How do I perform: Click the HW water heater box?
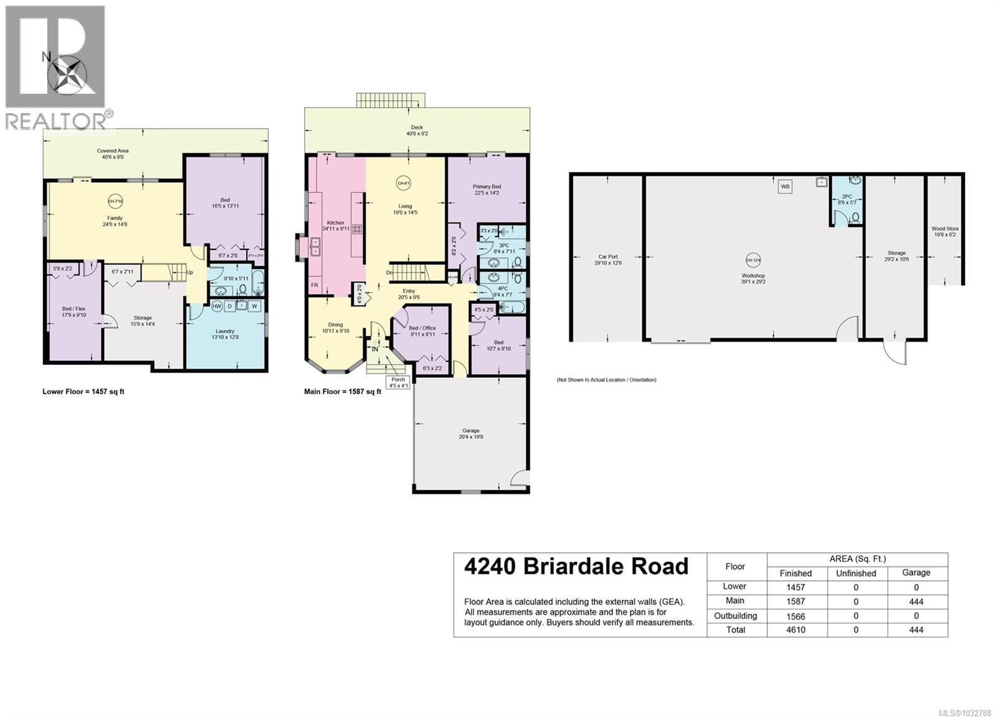pos(217,306)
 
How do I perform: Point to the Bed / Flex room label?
pos(73,311)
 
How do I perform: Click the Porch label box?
pos(398,382)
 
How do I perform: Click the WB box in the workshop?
pos(785,186)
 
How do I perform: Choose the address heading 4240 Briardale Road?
pos(576,566)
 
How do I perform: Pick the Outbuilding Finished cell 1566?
pos(795,616)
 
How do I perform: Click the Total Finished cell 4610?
pos(795,630)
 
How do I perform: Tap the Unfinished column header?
pos(856,573)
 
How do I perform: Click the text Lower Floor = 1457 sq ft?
pos(83,392)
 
